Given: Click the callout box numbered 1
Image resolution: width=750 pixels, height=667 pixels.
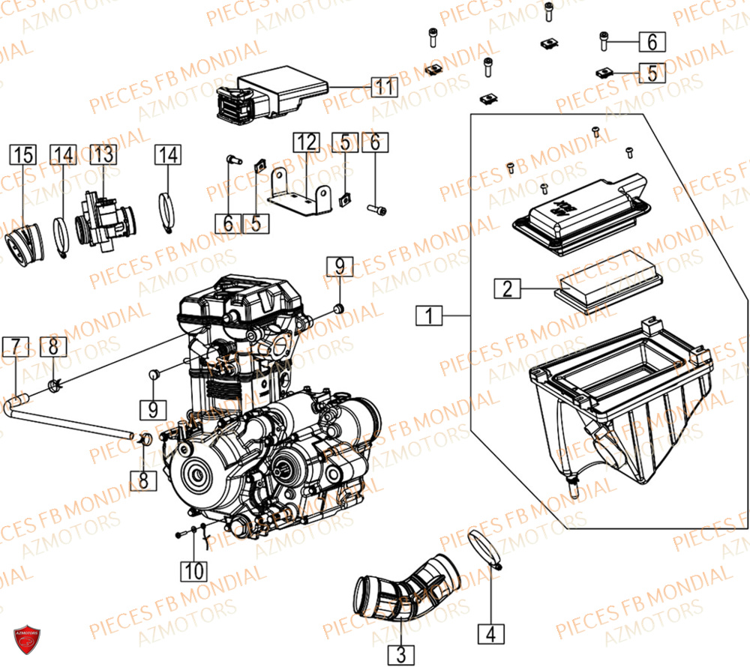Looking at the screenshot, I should click(429, 317).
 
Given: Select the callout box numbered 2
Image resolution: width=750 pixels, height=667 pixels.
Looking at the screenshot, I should click(507, 288).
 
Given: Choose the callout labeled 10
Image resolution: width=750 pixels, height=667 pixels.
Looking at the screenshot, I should click(194, 571).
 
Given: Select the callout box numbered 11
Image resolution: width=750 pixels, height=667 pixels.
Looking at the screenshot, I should click(384, 87).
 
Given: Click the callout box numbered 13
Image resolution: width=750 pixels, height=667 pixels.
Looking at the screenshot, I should click(104, 156).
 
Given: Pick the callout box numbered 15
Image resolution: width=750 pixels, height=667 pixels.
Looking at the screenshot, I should click(22, 156).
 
